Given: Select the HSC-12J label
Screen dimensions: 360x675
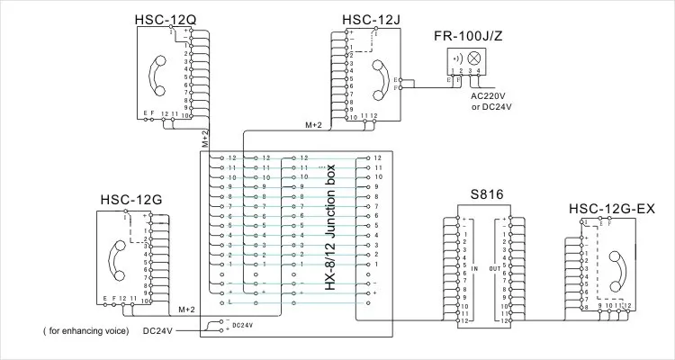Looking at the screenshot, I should point(372,19).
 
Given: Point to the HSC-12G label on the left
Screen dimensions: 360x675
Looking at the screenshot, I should point(130,199).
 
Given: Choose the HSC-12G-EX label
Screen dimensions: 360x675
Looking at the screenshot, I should point(611,209).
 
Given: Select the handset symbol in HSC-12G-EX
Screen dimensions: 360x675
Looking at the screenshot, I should point(618,267).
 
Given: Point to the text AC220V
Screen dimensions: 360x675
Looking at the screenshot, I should point(490,96).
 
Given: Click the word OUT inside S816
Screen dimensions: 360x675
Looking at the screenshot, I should point(493,268).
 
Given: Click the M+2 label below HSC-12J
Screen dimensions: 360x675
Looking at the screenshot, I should point(313,125).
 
